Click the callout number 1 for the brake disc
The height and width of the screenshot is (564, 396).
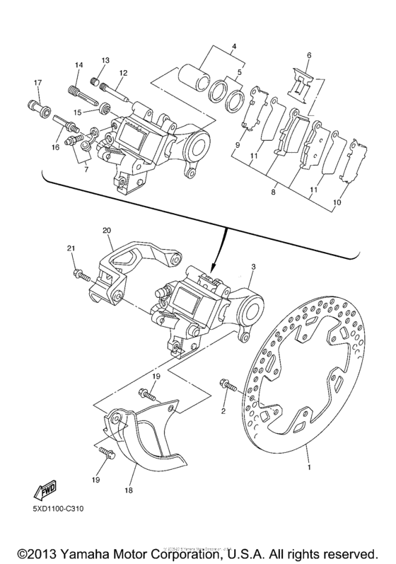(308, 466)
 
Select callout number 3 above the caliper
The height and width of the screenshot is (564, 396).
(252, 270)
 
